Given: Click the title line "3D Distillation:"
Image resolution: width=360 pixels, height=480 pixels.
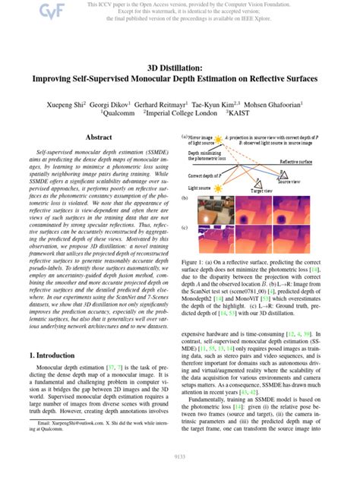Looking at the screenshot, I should pos(179,68).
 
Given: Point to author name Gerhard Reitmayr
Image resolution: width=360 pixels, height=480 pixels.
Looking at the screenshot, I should pos(176,101).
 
